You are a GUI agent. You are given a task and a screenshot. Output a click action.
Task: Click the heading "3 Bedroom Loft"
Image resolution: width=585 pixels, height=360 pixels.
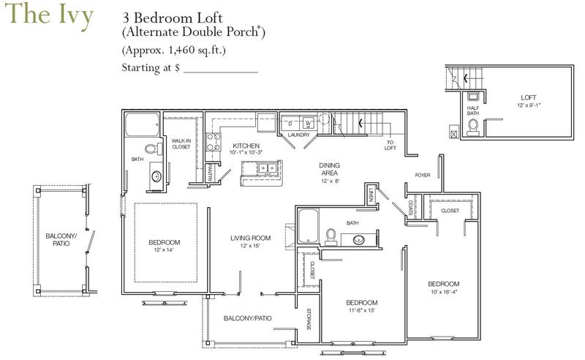click(x=173, y=18)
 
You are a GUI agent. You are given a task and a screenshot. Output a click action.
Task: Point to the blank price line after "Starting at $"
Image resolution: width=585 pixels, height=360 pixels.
click(x=221, y=72)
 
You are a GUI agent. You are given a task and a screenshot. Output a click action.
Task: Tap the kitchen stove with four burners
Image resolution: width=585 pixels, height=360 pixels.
click(x=214, y=142)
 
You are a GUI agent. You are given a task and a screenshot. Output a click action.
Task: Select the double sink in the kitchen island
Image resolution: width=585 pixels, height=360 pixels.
click(x=268, y=168)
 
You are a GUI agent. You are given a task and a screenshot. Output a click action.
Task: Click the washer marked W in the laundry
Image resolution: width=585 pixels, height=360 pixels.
click(x=308, y=123)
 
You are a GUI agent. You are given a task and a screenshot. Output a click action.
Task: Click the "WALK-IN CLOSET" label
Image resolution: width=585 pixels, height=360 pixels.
click(x=181, y=143)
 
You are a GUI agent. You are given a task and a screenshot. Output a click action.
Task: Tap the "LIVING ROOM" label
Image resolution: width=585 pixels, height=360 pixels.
click(x=250, y=238)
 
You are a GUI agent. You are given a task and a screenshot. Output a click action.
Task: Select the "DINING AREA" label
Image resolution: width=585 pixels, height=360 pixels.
click(x=330, y=169)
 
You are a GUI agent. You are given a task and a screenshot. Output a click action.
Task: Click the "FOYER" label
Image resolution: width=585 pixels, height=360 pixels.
click(x=423, y=175)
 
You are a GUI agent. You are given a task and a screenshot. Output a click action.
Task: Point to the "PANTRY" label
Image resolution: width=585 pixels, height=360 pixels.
click(x=209, y=173)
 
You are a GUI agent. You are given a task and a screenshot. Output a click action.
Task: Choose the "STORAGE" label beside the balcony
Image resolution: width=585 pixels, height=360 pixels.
click(x=309, y=319)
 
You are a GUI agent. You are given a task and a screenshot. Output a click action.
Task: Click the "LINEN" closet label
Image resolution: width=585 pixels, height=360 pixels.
click(x=371, y=195)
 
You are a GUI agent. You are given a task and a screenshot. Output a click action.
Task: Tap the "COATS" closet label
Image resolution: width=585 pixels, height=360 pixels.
click(x=410, y=208)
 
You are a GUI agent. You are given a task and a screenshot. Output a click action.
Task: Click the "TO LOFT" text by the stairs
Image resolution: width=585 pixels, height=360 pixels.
click(x=390, y=146)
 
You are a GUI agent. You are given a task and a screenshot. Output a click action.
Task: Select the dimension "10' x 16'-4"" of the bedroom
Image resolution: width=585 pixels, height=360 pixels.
click(x=444, y=292)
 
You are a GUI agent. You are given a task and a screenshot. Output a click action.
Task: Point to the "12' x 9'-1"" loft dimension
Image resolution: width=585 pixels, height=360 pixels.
click(x=528, y=105)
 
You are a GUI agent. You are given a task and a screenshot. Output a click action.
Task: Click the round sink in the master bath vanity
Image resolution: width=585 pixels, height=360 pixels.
click(x=156, y=176)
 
